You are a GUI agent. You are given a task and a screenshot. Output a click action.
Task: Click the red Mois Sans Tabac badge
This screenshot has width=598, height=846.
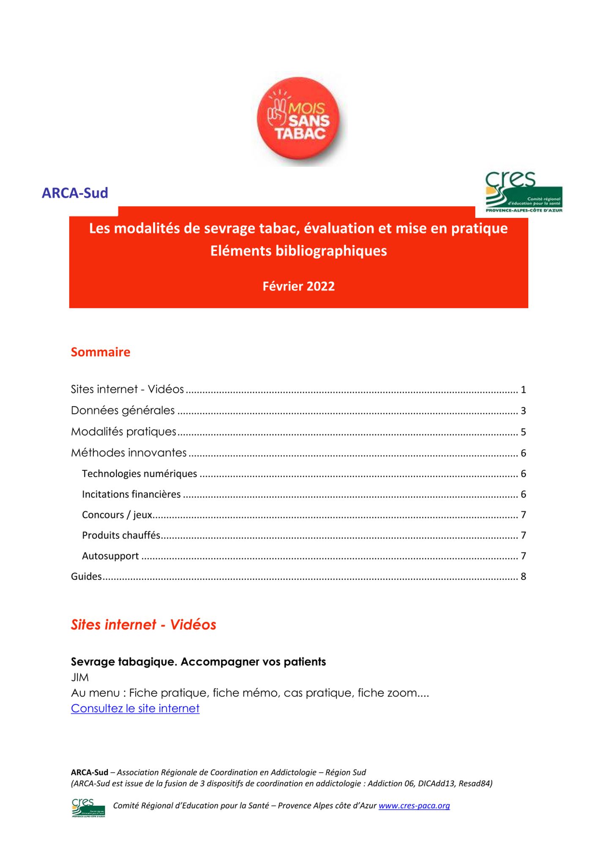[299, 119]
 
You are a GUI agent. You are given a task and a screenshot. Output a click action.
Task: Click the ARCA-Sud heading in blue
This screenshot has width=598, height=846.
[75, 193]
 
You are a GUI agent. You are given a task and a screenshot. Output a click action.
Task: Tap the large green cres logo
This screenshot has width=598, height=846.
[523, 192]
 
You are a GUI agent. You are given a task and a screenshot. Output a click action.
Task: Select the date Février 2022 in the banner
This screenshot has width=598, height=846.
[298, 286]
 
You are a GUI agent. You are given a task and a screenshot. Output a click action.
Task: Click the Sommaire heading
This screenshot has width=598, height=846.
[101, 352]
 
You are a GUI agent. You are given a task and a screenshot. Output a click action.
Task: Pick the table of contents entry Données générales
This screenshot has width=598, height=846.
[123, 410]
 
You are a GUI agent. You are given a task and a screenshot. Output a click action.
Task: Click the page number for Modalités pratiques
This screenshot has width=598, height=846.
[523, 432]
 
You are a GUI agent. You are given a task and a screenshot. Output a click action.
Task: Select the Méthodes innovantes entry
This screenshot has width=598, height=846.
[129, 453]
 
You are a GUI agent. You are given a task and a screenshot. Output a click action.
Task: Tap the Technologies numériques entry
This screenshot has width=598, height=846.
[139, 473]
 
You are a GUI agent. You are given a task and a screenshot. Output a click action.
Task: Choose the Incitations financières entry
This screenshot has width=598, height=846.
[131, 494]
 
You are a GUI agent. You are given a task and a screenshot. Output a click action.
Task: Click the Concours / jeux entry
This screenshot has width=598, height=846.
[117, 515]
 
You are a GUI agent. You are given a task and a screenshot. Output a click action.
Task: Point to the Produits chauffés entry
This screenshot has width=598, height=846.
[121, 535]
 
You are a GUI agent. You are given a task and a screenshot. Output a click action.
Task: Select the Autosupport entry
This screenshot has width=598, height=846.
[110, 556]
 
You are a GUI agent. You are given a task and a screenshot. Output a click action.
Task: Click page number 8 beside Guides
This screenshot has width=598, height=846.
[523, 577]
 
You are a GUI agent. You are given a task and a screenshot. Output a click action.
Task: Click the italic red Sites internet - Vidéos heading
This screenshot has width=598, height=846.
[144, 625]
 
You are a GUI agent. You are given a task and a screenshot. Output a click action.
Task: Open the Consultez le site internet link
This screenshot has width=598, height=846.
[135, 708]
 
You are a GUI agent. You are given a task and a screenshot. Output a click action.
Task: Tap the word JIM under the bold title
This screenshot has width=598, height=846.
[80, 677]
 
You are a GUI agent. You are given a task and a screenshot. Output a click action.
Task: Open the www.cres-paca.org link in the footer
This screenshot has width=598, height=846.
[414, 805]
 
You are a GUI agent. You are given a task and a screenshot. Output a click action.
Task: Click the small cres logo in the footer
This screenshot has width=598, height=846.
[88, 808]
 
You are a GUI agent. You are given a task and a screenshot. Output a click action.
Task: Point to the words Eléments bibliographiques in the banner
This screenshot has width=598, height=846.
[298, 251]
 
